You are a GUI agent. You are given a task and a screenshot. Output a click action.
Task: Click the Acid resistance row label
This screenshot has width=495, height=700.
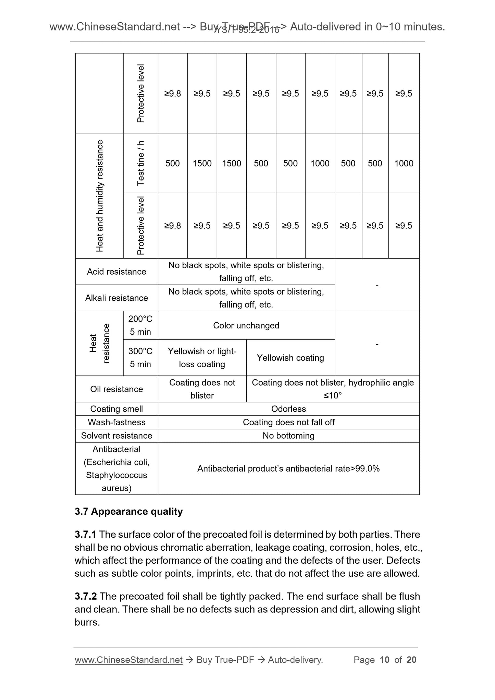[116, 272]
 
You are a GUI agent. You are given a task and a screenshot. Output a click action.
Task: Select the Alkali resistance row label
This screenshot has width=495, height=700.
[116, 298]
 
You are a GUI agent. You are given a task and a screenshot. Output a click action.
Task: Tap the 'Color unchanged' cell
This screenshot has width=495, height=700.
[246, 325]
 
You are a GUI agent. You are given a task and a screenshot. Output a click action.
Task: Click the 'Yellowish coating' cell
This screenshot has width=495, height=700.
[290, 358]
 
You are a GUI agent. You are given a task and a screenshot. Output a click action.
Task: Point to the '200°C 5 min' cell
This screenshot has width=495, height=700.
[140, 325]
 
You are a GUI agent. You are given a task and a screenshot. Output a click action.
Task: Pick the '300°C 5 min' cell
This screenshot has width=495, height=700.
[140, 358]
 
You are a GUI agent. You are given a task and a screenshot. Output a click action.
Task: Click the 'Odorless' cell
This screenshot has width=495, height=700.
[288, 409]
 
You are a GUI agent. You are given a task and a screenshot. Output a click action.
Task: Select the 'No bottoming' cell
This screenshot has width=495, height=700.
[288, 436]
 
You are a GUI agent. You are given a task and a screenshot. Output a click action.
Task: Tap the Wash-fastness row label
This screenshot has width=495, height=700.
[116, 422]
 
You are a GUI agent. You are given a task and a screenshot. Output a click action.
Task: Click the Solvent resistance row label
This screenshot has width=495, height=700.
[116, 436]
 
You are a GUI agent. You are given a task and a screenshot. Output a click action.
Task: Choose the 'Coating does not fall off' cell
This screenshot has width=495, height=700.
[288, 422]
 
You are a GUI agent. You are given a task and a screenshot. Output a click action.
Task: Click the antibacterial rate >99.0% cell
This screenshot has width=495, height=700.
[288, 468]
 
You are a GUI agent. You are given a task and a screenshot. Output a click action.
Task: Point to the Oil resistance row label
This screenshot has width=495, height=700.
[116, 389]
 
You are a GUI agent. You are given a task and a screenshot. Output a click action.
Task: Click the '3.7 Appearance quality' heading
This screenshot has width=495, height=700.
[129, 512]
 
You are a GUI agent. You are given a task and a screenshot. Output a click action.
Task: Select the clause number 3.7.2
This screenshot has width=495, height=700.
[86, 597]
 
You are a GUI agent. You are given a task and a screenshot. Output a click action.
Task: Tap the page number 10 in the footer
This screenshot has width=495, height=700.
[385, 660]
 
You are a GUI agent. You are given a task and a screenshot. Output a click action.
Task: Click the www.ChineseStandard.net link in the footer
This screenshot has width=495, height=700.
[128, 660]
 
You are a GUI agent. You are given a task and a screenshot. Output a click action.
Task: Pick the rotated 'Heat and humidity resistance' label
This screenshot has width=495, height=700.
[99, 196]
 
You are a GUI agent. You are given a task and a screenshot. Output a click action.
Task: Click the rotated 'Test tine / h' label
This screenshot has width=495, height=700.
[140, 163]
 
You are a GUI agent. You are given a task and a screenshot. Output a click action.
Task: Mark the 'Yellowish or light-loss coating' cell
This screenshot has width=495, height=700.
[202, 358]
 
